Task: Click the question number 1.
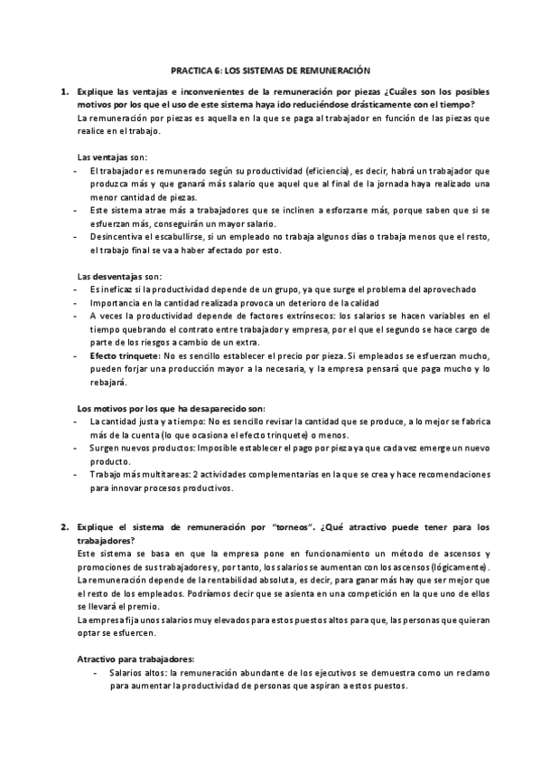coord(64,93)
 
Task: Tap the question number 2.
coord(64,526)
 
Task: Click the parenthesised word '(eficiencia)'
coord(305,170)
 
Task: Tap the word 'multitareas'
coord(156,475)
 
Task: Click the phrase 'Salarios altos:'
coord(138,672)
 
